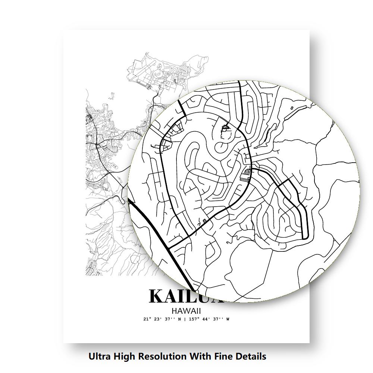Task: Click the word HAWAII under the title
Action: pyautogui.click(x=186, y=310)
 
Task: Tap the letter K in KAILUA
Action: pyautogui.click(x=158, y=297)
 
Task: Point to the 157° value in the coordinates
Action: pyautogui.click(x=193, y=319)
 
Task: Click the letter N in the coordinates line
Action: pyautogui.click(x=179, y=319)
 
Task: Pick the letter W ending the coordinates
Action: pyautogui.click(x=228, y=319)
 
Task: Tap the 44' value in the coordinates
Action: pyautogui.click(x=206, y=319)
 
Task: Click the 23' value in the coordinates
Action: pyautogui.click(x=157, y=319)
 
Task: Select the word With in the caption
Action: pyautogui.click(x=201, y=356)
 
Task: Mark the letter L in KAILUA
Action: pyautogui.click(x=199, y=297)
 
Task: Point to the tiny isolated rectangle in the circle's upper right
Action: pyautogui.click(x=292, y=108)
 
